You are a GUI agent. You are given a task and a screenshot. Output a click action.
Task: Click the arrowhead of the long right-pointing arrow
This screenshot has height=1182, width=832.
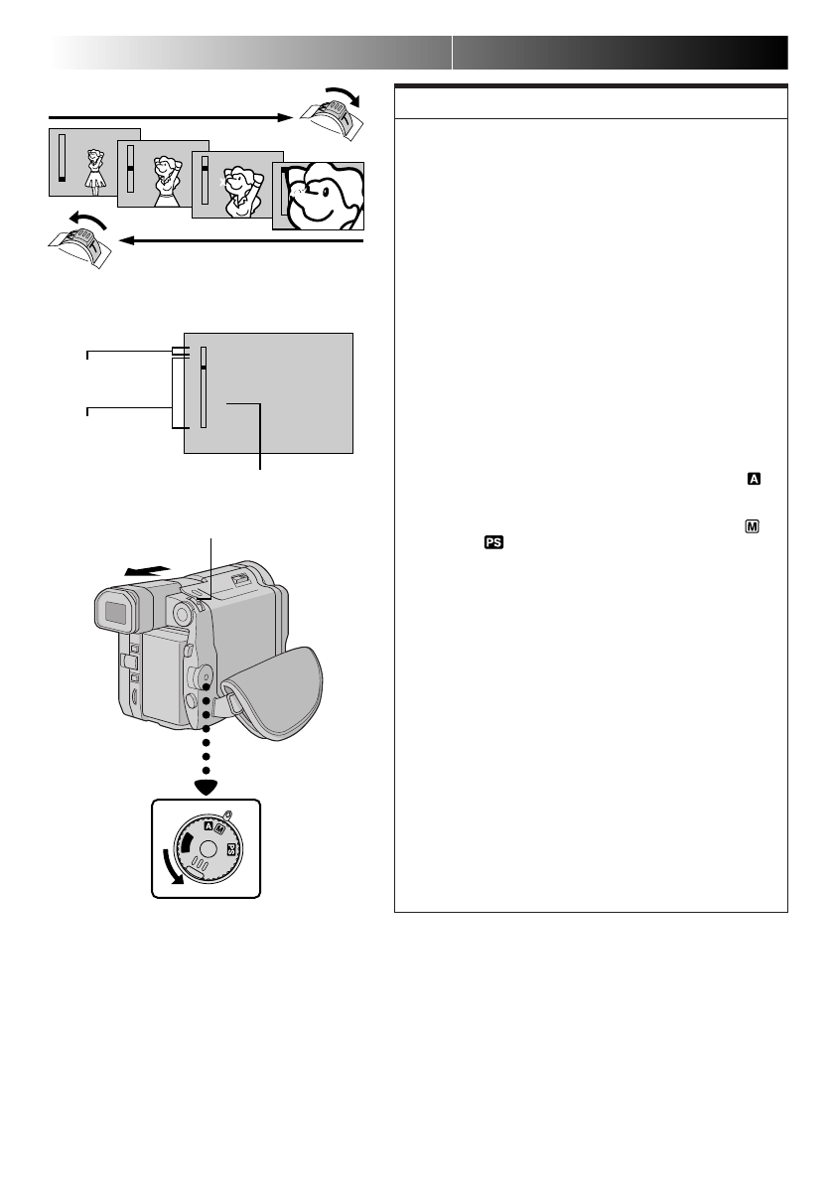coord(289,118)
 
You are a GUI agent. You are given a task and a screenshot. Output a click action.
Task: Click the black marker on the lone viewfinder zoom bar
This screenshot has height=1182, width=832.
coord(203,367)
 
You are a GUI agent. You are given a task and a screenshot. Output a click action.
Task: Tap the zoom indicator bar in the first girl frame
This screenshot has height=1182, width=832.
coord(61,160)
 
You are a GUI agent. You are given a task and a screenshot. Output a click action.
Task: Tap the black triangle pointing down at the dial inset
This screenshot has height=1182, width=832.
coord(207,788)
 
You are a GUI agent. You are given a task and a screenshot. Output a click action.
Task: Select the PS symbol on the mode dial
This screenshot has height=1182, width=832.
coord(231,850)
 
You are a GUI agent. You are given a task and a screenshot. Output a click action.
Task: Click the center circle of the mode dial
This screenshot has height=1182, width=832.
coord(206,851)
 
